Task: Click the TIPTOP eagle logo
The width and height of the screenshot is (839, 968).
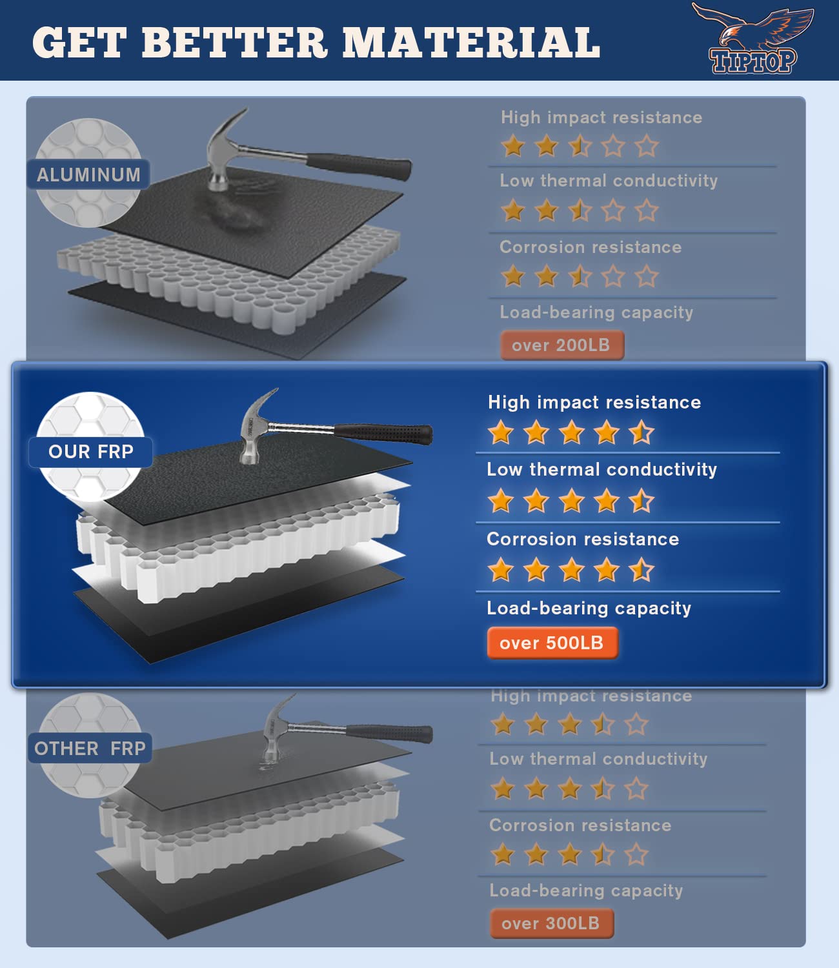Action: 753,39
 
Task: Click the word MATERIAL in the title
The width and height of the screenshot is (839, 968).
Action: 471,43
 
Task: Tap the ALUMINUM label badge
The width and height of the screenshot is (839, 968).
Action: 88,175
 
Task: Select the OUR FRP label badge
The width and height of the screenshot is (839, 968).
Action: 90,452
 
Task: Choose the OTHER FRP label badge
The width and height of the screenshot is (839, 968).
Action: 90,749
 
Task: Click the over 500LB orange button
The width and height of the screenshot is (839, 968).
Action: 552,643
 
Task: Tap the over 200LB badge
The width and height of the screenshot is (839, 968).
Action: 561,345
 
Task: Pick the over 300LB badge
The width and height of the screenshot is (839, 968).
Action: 551,923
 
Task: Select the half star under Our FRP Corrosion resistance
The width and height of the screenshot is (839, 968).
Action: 641,570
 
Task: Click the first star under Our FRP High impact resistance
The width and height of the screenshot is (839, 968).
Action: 501,432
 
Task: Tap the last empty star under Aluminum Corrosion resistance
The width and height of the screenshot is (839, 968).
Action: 646,277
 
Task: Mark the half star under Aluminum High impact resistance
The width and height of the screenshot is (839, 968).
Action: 580,146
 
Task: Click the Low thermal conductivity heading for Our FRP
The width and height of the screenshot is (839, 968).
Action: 601,469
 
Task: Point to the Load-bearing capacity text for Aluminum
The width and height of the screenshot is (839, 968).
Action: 596,312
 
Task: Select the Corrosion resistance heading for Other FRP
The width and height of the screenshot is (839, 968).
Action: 580,825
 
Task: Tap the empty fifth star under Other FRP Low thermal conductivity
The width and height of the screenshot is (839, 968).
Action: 636,789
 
